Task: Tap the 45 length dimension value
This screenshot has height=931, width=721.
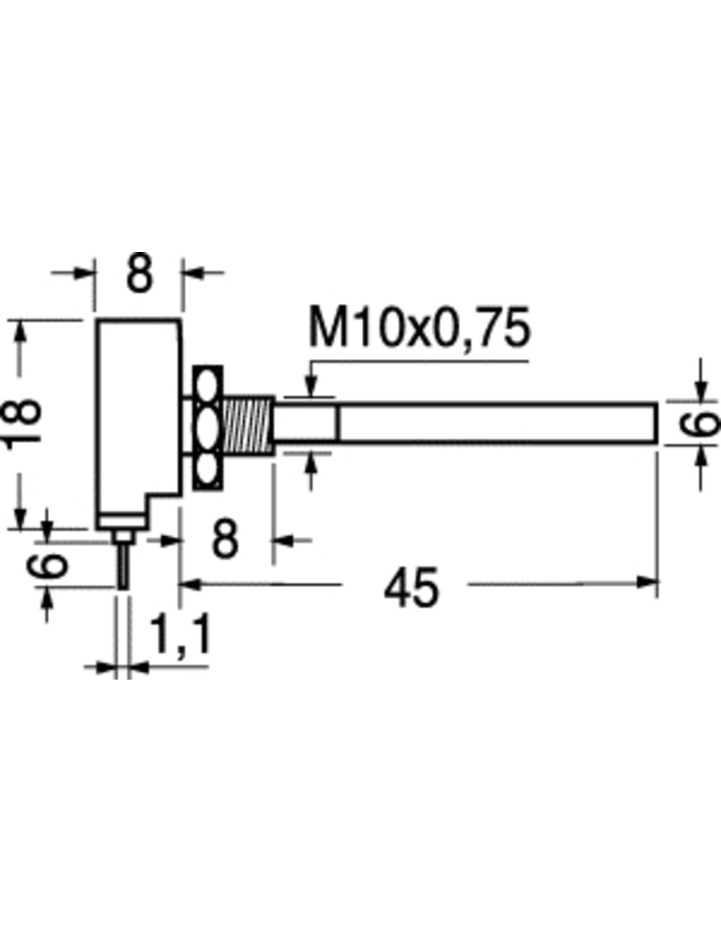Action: pyautogui.click(x=411, y=587)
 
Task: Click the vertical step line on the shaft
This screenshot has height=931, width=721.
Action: pyautogui.click(x=338, y=424)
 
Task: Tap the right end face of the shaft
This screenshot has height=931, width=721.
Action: pyautogui.click(x=656, y=424)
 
